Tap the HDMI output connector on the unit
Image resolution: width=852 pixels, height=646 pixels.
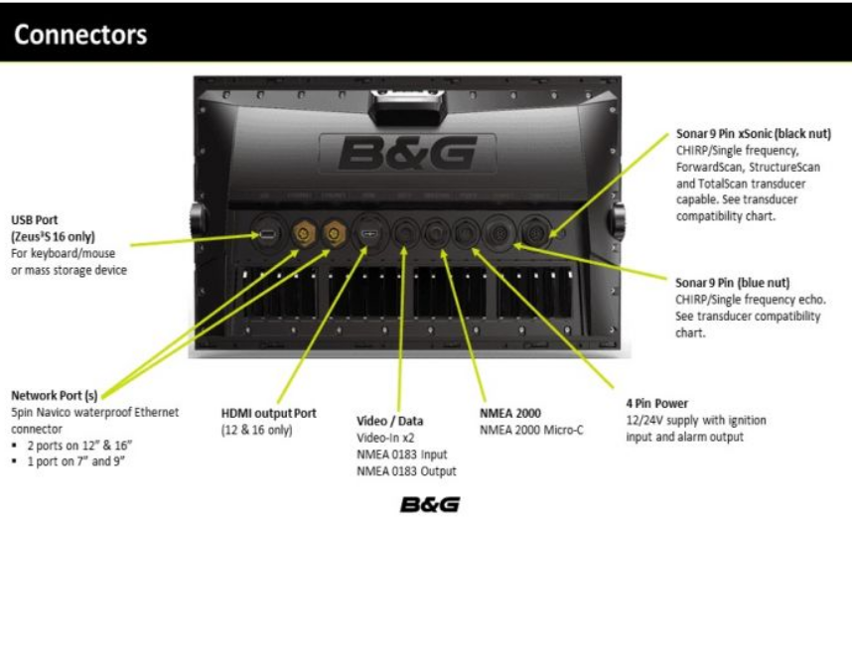pos(368,234)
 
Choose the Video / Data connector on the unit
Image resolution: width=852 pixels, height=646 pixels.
pos(403,234)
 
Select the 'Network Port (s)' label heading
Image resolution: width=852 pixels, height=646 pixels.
pos(54,395)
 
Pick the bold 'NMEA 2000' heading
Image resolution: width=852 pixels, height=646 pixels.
pos(510,413)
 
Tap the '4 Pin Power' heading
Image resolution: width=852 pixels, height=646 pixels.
pos(656,404)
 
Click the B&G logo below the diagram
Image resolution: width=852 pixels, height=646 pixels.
pos(429,505)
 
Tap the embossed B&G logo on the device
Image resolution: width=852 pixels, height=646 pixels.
pos(407,153)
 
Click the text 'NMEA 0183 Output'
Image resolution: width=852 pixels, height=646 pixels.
pos(406,471)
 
